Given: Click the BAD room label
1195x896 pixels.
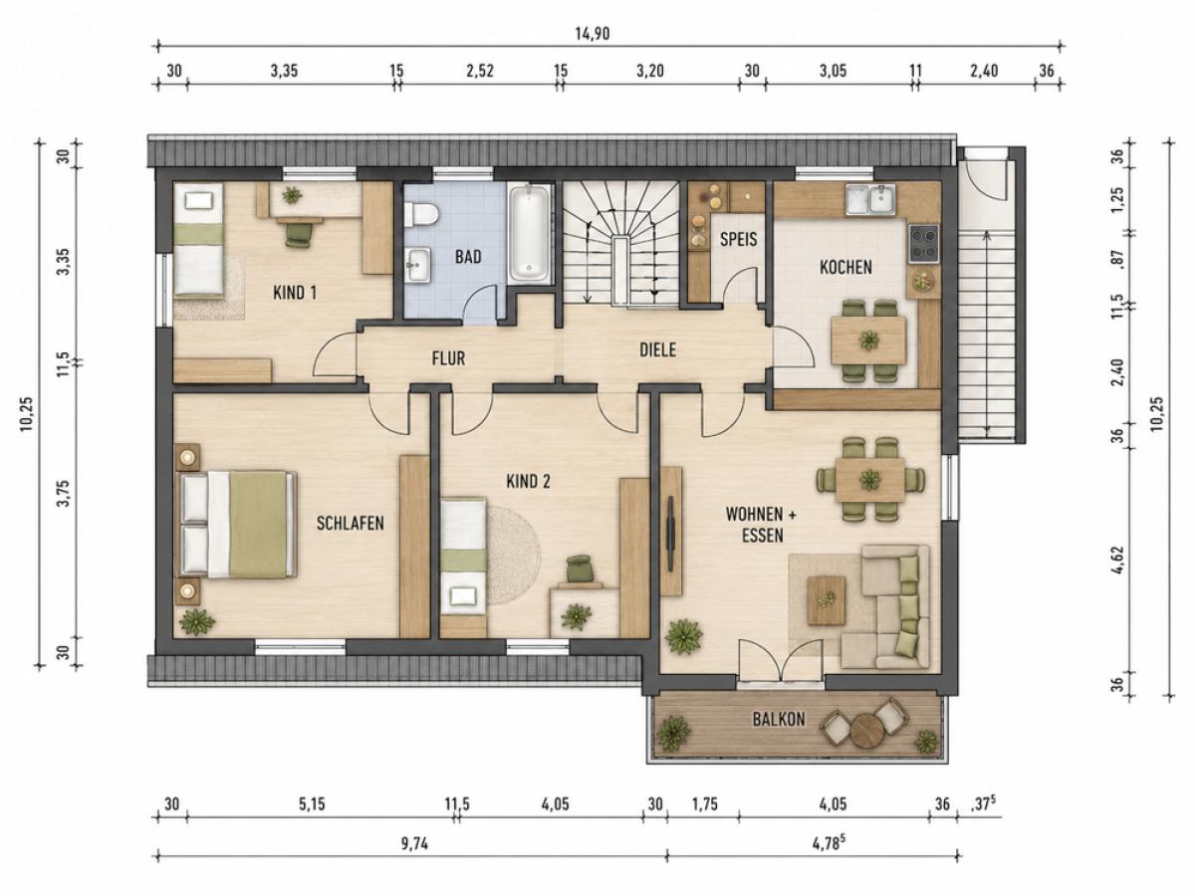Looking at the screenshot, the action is pyautogui.click(x=468, y=257).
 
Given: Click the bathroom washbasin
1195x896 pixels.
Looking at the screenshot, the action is pyautogui.click(x=418, y=265).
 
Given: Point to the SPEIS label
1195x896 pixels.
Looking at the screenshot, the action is pyautogui.click(x=738, y=239).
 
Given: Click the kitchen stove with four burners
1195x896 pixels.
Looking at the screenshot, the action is pyautogui.click(x=923, y=243).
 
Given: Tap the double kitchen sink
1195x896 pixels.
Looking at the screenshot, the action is pyautogui.click(x=870, y=199).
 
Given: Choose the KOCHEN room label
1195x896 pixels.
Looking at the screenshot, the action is pyautogui.click(x=845, y=267).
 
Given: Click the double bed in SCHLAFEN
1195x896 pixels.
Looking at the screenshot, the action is pyautogui.click(x=236, y=525).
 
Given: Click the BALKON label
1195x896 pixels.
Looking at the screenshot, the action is pyautogui.click(x=779, y=720).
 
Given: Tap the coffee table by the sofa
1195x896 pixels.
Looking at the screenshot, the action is pyautogui.click(x=827, y=600).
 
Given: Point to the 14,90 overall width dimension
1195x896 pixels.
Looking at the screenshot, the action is pyautogui.click(x=593, y=34).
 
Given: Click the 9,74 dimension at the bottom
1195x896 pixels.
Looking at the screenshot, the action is pyautogui.click(x=415, y=844).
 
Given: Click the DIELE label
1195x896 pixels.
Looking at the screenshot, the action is pyautogui.click(x=657, y=349).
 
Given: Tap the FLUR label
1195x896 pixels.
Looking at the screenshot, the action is pyautogui.click(x=448, y=358).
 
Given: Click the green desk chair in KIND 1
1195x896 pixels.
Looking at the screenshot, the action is pyautogui.click(x=299, y=235).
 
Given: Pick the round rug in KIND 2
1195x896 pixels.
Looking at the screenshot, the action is pyautogui.click(x=514, y=556).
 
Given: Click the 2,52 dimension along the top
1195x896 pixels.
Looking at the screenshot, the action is pyautogui.click(x=480, y=72).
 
